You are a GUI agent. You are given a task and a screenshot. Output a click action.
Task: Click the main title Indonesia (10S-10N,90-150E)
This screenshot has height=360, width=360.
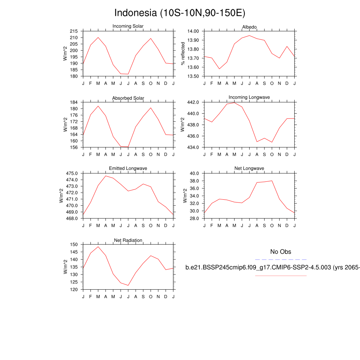click(180, 13)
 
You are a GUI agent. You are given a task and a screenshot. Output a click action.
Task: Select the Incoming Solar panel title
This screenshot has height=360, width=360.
click(128, 26)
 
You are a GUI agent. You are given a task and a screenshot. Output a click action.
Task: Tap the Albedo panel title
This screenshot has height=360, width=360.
click(249, 27)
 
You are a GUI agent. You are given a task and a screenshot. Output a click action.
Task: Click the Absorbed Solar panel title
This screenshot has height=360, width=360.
click(128, 98)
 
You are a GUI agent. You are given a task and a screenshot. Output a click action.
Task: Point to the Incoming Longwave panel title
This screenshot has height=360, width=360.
click(249, 97)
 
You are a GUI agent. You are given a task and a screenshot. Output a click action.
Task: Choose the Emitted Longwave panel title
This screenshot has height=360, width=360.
click(128, 169)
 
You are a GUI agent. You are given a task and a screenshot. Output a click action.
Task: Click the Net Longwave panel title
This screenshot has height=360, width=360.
click(249, 169)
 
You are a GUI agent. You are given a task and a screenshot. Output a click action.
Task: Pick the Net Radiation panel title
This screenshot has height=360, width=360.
click(128, 240)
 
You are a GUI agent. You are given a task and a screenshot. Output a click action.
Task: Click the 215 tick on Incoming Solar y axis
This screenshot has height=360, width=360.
click(74, 31)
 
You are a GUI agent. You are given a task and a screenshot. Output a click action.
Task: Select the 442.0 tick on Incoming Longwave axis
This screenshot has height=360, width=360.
click(193, 102)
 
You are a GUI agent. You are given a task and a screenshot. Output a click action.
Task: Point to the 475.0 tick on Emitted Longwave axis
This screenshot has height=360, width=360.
click(72, 173)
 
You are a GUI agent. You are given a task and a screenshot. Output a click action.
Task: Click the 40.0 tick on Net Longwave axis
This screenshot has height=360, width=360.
click(194, 173)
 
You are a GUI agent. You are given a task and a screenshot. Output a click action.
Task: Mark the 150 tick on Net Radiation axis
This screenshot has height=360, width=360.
click(74, 244)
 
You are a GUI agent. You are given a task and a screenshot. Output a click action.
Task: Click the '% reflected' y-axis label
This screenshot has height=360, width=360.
click(183, 53)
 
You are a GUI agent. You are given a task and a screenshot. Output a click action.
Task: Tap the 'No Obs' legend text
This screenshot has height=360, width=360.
click(281, 252)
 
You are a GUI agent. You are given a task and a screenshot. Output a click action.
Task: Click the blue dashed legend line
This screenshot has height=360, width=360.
click(281, 259)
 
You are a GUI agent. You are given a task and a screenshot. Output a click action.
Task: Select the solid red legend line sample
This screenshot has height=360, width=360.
click(281, 276)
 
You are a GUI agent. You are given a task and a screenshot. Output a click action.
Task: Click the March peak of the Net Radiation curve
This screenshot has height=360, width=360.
click(98, 246)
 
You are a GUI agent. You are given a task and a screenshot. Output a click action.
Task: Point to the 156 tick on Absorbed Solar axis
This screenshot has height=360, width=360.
click(74, 147)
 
